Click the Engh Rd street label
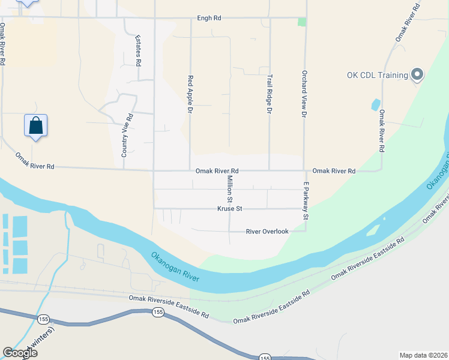[209, 19]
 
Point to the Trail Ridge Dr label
[270, 94]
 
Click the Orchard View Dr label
[305, 92]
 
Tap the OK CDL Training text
[377, 76]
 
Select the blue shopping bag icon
[36, 126]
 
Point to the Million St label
[229, 189]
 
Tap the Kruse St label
[229, 209]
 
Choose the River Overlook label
[267, 231]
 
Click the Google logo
[20, 353]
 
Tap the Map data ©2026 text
[423, 355]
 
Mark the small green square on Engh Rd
[302, 22]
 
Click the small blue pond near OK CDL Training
[375, 104]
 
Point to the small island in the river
[372, 230]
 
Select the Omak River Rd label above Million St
[217, 171]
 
